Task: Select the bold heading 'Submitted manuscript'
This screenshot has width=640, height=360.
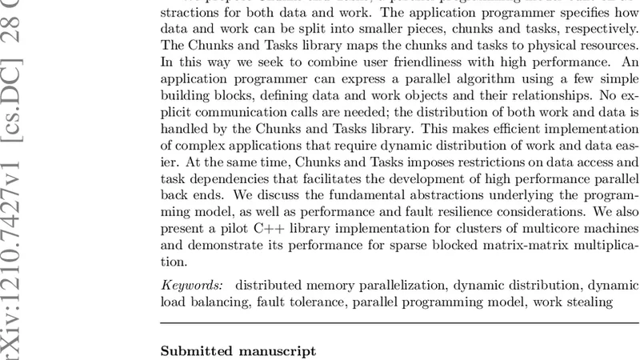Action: pos(238,351)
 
